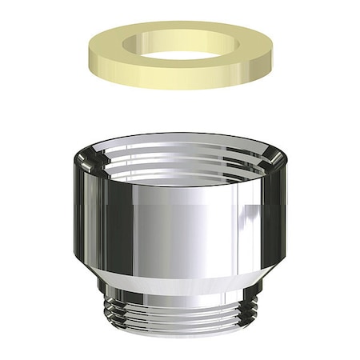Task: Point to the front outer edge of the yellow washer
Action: tap(181, 83)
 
